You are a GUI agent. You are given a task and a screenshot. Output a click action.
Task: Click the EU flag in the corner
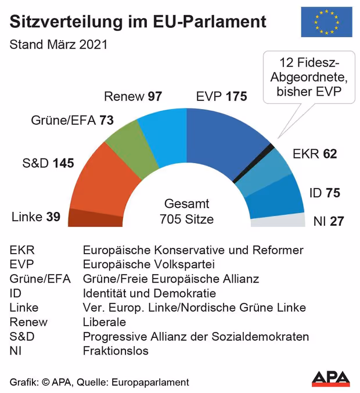tap(326, 22)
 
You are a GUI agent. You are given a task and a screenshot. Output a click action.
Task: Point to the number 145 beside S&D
tap(63, 163)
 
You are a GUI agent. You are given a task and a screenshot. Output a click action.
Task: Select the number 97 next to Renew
tap(154, 96)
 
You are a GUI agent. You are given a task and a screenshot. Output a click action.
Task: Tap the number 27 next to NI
tap(336, 221)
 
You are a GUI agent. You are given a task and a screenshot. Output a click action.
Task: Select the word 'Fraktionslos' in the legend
tap(116, 351)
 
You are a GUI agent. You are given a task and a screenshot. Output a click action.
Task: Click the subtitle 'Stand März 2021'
tap(59, 44)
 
